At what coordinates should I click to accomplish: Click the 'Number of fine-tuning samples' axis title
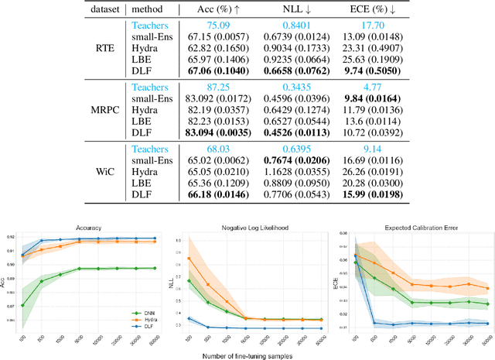249,355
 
